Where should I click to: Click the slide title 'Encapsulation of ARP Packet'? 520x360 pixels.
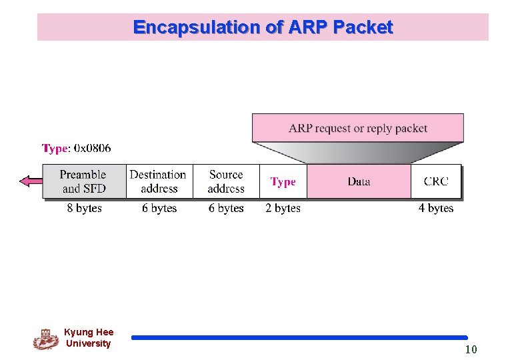point(263,27)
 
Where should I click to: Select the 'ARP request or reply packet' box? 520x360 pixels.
point(358,127)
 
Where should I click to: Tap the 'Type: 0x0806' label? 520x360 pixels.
point(77,147)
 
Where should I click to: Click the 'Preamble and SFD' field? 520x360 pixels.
point(83,181)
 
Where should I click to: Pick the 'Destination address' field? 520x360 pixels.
point(158,181)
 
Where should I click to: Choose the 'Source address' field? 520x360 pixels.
point(226,181)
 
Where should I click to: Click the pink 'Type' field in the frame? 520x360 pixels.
point(283,181)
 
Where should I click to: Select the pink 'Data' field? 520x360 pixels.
point(359,181)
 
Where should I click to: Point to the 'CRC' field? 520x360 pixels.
point(436,181)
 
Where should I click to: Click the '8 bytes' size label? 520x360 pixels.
point(85,209)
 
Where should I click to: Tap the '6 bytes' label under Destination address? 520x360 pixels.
point(159,209)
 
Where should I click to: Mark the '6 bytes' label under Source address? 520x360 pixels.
point(226,209)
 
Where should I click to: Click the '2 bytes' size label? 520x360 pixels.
point(283,209)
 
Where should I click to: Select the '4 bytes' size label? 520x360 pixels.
point(436,209)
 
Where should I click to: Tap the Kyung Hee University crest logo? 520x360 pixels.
point(45,339)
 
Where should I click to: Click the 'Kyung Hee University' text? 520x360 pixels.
point(89,338)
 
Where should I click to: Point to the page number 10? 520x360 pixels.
point(471,349)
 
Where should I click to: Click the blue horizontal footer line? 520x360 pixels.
point(299,338)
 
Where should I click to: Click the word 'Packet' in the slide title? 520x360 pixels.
point(363,27)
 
